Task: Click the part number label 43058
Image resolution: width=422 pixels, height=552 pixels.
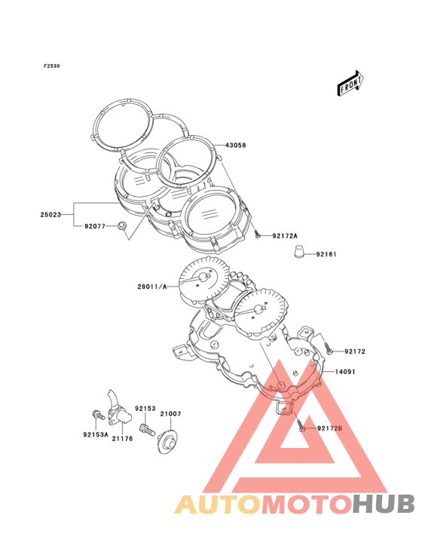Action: [x=235, y=145]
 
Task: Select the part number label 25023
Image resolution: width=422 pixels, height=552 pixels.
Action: [x=50, y=214]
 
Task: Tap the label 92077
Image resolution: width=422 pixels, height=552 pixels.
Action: [x=95, y=226]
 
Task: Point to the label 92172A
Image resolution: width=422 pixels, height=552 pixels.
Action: [x=285, y=236]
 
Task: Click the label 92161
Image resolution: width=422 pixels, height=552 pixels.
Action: [x=326, y=254]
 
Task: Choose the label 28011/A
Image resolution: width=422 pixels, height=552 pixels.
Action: [x=152, y=287]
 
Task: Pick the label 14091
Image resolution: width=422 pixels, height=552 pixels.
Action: [x=345, y=372]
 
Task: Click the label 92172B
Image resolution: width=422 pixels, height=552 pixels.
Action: [x=329, y=428]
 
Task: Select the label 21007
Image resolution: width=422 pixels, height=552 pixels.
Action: [x=170, y=414]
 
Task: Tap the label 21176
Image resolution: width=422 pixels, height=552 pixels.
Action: [x=122, y=438]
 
